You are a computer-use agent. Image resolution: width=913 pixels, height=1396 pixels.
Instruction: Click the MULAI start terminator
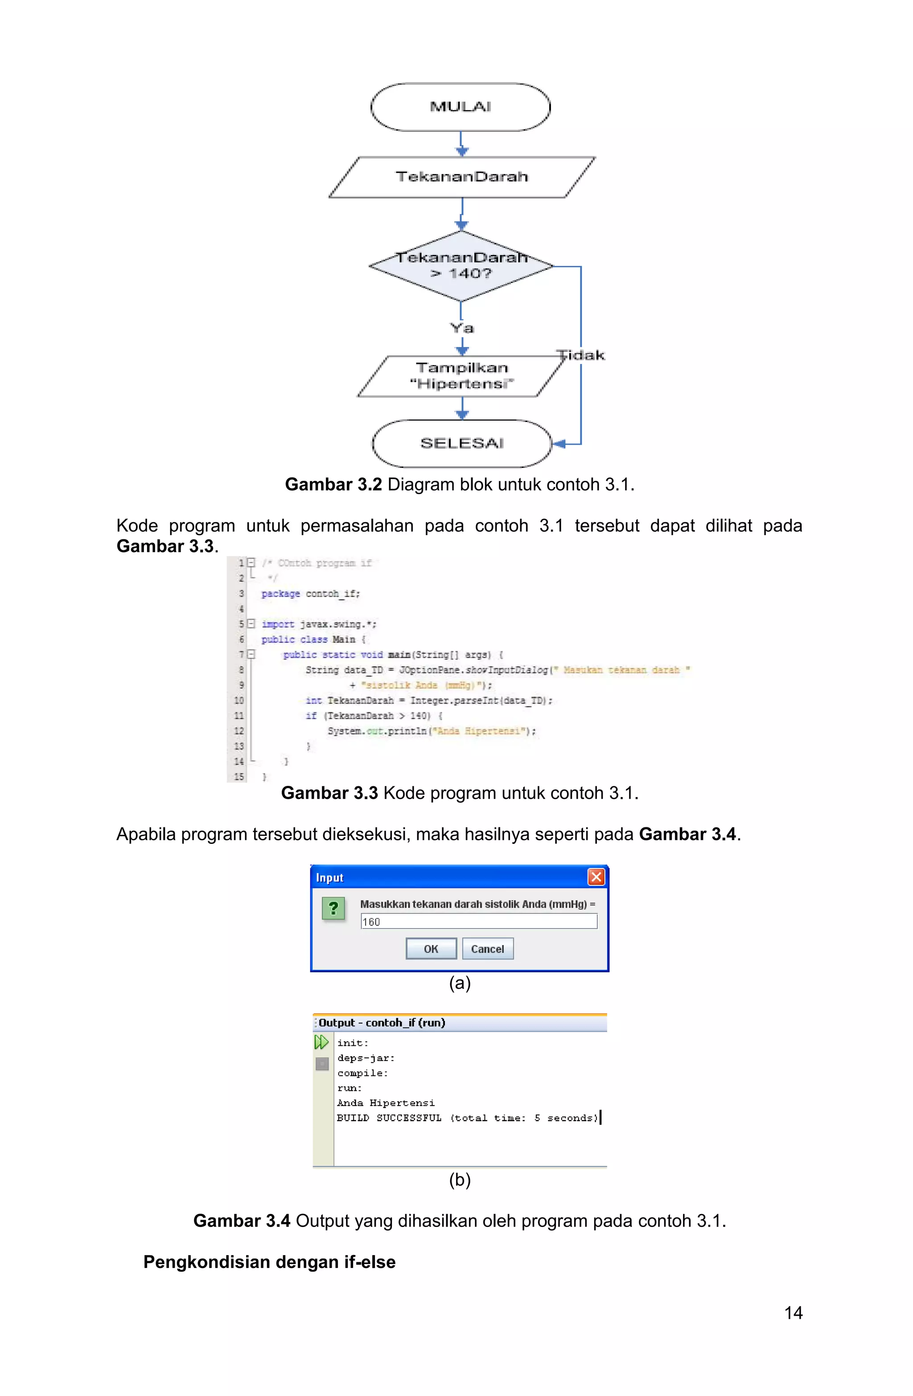click(x=461, y=107)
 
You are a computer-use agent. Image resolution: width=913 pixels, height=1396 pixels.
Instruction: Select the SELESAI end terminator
click(x=461, y=443)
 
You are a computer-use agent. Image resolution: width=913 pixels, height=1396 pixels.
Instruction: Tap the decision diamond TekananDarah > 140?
click(x=461, y=266)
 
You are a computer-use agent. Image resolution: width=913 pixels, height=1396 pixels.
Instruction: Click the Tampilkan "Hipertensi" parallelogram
click(x=461, y=376)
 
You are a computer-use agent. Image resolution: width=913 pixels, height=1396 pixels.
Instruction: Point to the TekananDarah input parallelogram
click(x=461, y=177)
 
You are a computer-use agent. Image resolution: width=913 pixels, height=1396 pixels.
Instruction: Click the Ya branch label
click(x=462, y=328)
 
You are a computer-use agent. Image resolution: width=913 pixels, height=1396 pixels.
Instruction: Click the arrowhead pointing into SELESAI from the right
click(x=559, y=444)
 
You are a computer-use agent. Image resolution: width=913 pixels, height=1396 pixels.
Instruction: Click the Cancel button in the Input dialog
click(x=487, y=949)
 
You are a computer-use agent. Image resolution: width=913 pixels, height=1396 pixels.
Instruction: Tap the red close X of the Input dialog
click(x=596, y=877)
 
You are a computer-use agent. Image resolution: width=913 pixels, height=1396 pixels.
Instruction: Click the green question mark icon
click(x=333, y=909)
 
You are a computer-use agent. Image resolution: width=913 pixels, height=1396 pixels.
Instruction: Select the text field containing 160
click(x=478, y=921)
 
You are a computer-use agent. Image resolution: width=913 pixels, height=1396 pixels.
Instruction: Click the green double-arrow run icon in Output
click(x=321, y=1042)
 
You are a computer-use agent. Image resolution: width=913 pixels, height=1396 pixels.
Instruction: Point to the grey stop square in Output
click(x=322, y=1063)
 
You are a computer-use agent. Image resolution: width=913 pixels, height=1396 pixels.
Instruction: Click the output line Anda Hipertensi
click(x=386, y=1103)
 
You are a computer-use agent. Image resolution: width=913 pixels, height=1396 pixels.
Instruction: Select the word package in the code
click(x=280, y=594)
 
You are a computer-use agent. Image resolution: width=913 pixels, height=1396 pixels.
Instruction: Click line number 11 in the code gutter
click(x=239, y=715)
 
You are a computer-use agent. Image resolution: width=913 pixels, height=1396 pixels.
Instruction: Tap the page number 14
click(x=793, y=1313)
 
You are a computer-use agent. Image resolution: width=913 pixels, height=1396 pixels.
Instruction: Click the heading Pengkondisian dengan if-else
click(x=269, y=1262)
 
